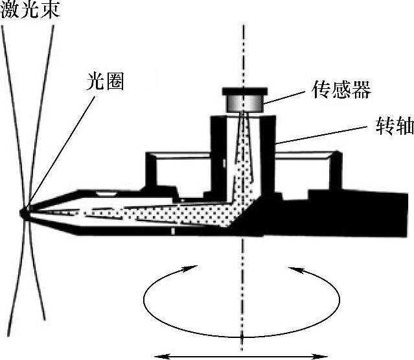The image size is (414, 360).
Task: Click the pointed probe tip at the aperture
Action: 26,212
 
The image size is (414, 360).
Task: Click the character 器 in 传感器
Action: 360,90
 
